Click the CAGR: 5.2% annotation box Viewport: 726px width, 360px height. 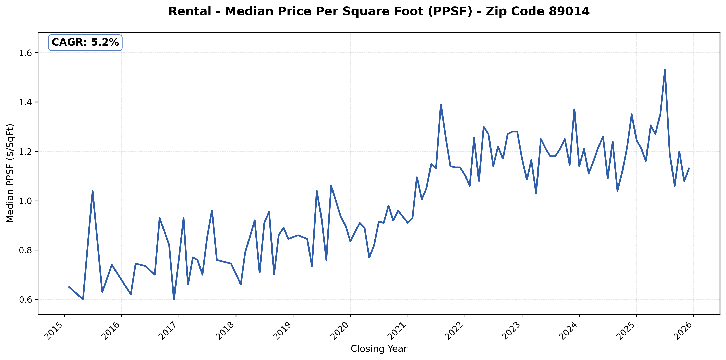(x=85, y=43)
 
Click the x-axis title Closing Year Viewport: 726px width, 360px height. (x=379, y=349)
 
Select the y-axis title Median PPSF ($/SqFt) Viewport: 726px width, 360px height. (x=10, y=173)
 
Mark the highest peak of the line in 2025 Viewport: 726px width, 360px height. (x=665, y=70)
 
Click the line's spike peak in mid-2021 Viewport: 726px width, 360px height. (x=441, y=105)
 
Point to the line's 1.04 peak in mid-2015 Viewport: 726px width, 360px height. (x=93, y=191)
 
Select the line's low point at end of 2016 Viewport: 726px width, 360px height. (x=174, y=299)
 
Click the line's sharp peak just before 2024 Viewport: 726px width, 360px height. (x=574, y=109)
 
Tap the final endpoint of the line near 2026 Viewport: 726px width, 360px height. (x=689, y=168)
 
